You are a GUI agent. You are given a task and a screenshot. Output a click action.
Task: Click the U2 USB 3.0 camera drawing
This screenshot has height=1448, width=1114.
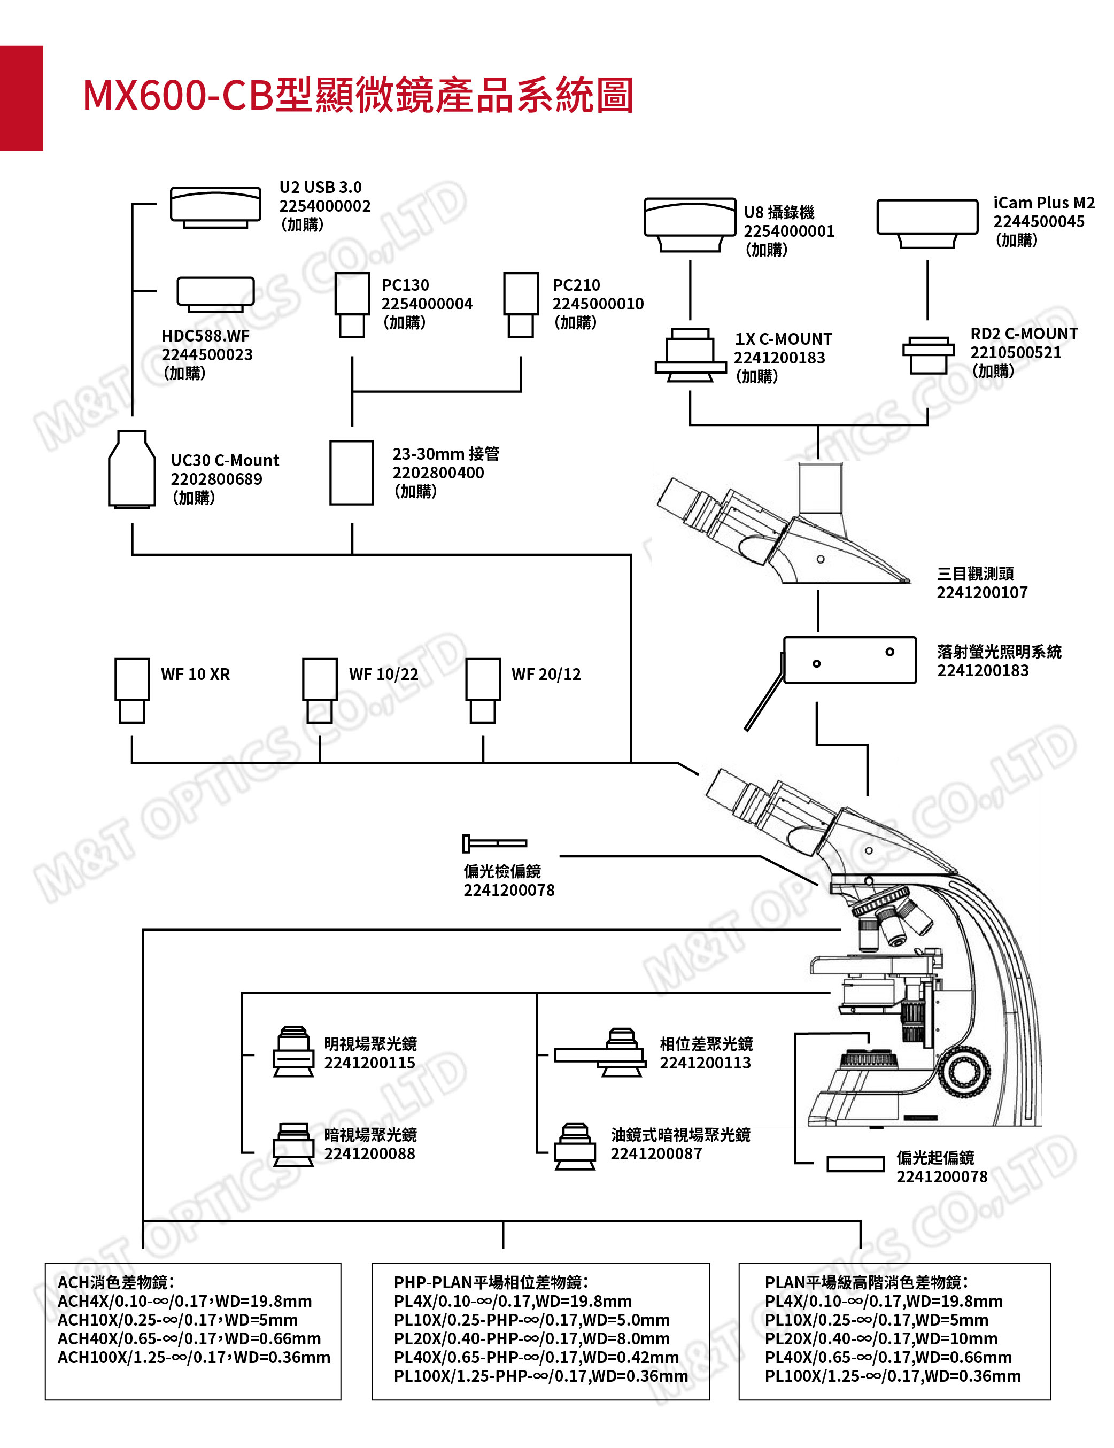[x=215, y=206]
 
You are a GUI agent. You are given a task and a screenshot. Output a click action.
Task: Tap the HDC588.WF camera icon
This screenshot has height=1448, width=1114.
[x=215, y=293]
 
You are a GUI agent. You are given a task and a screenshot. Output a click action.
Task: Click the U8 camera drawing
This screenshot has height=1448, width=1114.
[x=690, y=224]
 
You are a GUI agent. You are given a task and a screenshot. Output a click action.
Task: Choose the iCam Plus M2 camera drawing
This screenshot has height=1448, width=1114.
[x=927, y=223]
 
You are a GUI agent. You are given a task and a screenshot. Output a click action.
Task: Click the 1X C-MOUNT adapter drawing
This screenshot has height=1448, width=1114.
[x=690, y=355]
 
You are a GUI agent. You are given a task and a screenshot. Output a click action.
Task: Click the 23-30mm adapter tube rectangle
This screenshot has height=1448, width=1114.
[x=351, y=473]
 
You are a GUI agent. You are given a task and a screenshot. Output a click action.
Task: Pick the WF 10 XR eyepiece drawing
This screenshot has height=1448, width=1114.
[x=132, y=690]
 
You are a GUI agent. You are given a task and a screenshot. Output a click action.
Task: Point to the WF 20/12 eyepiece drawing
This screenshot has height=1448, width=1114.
[x=483, y=690]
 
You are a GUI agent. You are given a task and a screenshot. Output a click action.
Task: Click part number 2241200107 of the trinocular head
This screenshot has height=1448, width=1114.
[x=981, y=593]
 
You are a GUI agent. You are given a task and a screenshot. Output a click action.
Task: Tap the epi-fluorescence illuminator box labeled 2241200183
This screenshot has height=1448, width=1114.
[x=849, y=660]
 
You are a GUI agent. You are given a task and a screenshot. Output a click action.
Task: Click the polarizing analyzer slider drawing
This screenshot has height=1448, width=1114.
[x=494, y=843]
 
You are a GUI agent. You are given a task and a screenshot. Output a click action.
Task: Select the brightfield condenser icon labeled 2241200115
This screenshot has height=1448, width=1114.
[x=293, y=1052]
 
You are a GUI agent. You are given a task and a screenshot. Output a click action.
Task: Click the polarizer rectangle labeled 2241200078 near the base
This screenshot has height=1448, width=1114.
[x=855, y=1164]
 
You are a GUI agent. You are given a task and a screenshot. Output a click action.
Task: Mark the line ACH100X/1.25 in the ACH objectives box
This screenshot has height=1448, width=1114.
[x=194, y=1357]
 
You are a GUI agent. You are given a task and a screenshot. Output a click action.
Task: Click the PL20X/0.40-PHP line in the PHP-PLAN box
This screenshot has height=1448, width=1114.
[x=531, y=1338]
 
